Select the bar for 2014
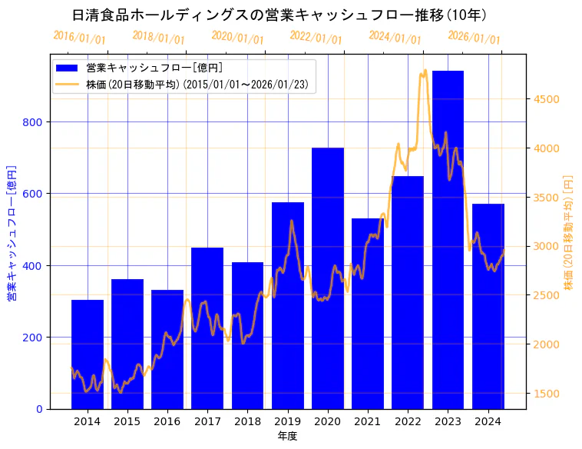coord(88,354)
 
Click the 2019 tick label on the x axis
coord(288,421)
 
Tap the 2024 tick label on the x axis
coord(488,421)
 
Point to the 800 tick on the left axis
coord(35,121)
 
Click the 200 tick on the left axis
coord(35,337)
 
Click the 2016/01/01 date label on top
coord(80,38)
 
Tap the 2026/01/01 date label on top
coord(474,38)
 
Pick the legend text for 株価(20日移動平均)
coord(197,85)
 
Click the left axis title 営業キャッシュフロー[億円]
coord(12,232)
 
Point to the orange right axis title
coord(568,231)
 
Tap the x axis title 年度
coord(288,436)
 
